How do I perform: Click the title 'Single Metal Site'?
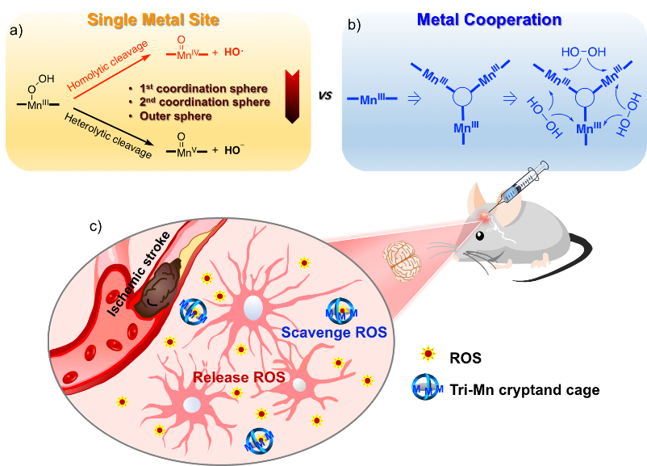[x=153, y=20]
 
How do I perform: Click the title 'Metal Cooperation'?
[x=489, y=19]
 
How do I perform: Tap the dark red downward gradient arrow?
[x=292, y=96]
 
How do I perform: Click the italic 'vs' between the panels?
[x=325, y=95]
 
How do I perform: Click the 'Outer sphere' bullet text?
[x=176, y=116]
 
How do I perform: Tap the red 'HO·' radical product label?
[x=233, y=52]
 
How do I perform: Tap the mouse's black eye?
[x=479, y=236]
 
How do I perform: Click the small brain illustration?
[x=402, y=261]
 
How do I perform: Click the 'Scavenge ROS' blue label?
[x=334, y=332]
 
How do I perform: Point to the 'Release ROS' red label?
[x=239, y=377]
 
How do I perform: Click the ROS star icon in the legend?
[x=428, y=355]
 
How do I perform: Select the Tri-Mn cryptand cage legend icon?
[x=427, y=388]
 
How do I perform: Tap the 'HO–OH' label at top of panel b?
[x=583, y=52]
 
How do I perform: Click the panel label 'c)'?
[x=95, y=226]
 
